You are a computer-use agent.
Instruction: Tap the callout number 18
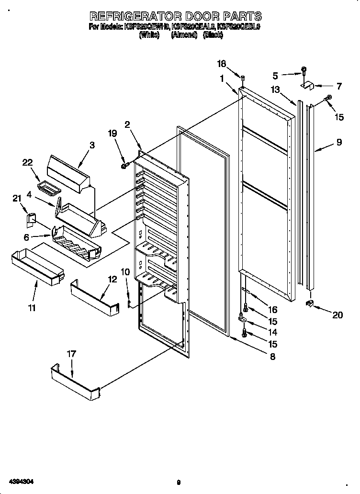pyautogui.click(x=221, y=64)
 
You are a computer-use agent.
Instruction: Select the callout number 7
pyautogui.click(x=339, y=87)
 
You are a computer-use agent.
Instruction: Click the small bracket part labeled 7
pyautogui.click(x=306, y=86)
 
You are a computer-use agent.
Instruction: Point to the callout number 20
pyautogui.click(x=337, y=315)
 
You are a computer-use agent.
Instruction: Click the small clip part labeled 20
pyautogui.click(x=310, y=303)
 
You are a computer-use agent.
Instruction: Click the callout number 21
pyautogui.click(x=17, y=198)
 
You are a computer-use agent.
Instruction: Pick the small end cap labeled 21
pyautogui.click(x=31, y=219)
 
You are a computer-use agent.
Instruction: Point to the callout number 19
pyautogui.click(x=112, y=134)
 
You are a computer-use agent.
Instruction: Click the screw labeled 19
pyautogui.click(x=124, y=166)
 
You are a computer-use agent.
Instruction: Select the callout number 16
pyautogui.click(x=272, y=310)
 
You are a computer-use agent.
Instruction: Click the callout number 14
pyautogui.click(x=272, y=332)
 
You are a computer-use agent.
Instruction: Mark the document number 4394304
pyautogui.click(x=20, y=480)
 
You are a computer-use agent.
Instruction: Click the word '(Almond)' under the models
pyautogui.click(x=184, y=35)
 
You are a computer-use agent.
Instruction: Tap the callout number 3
pyautogui.click(x=92, y=144)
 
